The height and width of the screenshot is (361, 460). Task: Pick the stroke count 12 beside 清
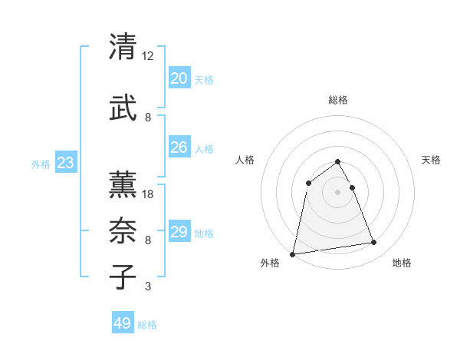coord(148,56)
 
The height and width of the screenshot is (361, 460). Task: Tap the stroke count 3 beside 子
coord(147,286)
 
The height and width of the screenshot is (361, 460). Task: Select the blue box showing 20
coord(179,78)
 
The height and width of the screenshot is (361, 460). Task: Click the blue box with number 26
coord(179,147)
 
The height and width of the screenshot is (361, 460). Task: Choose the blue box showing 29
coord(179,231)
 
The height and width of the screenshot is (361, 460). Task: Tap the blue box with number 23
coord(65,162)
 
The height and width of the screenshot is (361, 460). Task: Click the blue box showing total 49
coord(123,323)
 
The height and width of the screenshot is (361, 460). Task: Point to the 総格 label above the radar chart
coord(337,100)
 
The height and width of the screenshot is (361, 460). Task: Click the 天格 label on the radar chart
coord(432,160)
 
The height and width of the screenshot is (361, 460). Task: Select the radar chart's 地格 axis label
coord(402,263)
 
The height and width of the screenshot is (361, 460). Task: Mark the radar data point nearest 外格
coord(292,254)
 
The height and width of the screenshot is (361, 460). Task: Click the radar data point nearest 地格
coord(374,243)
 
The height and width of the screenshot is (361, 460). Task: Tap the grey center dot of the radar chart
coord(337,192)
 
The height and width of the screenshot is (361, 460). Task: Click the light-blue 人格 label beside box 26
coord(204,149)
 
